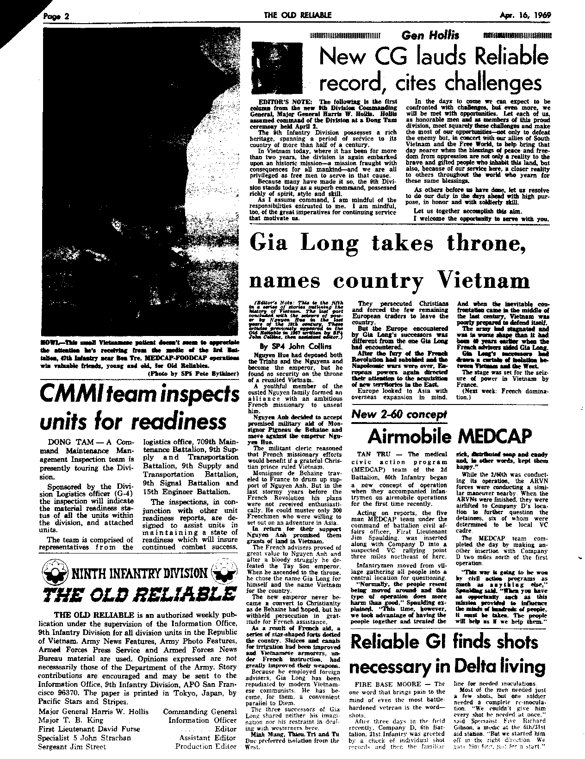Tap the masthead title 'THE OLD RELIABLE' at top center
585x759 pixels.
tap(297, 15)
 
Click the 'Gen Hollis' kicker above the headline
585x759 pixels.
tap(430, 35)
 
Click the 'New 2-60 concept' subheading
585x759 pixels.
tap(399, 414)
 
